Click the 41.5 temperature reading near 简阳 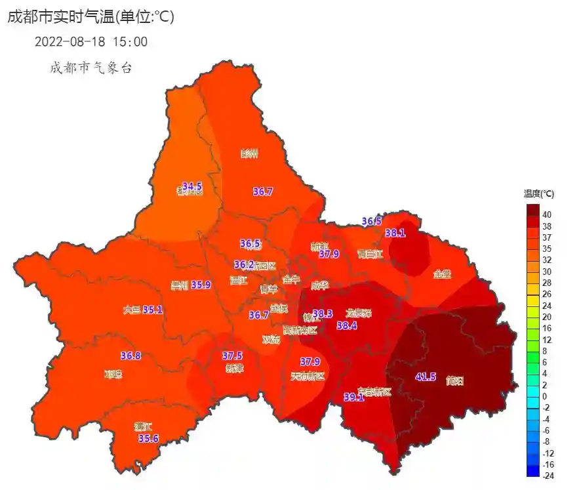[x=426, y=377]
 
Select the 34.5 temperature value [x=192, y=187]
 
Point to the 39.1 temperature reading [x=354, y=397]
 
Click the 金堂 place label [x=443, y=275]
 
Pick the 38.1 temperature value [x=395, y=233]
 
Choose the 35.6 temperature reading [x=148, y=438]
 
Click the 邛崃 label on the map [x=113, y=375]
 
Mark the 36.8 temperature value [x=130, y=356]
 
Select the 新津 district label [x=234, y=368]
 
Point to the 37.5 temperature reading [x=232, y=356]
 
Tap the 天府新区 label [x=308, y=376]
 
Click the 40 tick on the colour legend [x=546, y=214]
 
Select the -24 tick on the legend [x=547, y=476]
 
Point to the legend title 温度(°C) [x=538, y=194]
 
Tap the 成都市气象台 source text [x=90, y=68]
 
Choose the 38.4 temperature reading [x=346, y=325]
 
